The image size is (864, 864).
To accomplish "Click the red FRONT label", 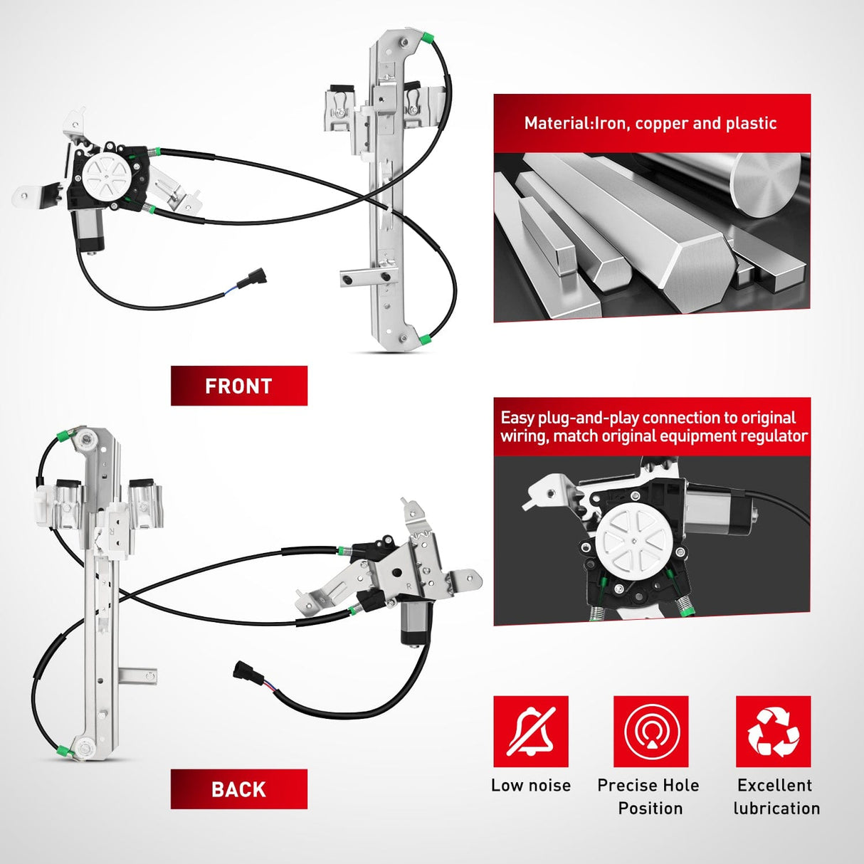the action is click(x=239, y=386).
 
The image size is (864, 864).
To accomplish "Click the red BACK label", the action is click(x=239, y=789).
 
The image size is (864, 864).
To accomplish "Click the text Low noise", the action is click(x=531, y=785).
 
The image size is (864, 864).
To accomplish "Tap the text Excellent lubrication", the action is click(x=776, y=797).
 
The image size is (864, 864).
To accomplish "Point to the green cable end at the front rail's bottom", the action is click(x=426, y=339).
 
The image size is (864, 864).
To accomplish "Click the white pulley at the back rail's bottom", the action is click(x=83, y=747).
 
